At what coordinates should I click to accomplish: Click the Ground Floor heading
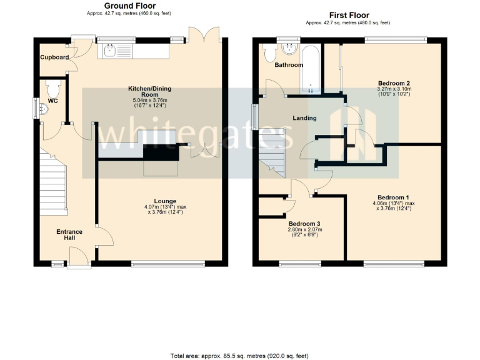point(129,6)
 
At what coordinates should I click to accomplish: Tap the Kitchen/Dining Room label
point(149,91)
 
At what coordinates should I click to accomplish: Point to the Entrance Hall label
point(69,236)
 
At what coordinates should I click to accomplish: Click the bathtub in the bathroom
point(311,69)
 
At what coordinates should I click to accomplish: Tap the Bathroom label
point(289,65)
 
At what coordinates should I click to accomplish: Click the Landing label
point(304,117)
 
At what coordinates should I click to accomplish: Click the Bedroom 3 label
point(304,223)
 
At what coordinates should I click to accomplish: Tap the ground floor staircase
point(54,181)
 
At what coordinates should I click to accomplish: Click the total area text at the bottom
point(239,355)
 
